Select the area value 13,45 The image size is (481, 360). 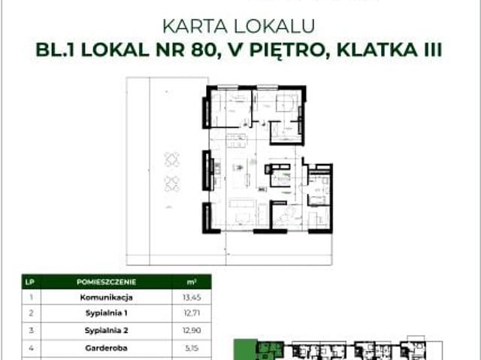[191, 296]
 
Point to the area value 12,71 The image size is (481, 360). [191, 313]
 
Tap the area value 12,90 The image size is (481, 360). [191, 331]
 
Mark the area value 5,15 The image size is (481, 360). [191, 348]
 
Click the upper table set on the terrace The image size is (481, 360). [171, 159]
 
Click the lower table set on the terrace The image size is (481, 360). [171, 183]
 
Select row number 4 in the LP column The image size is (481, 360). [30, 348]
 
